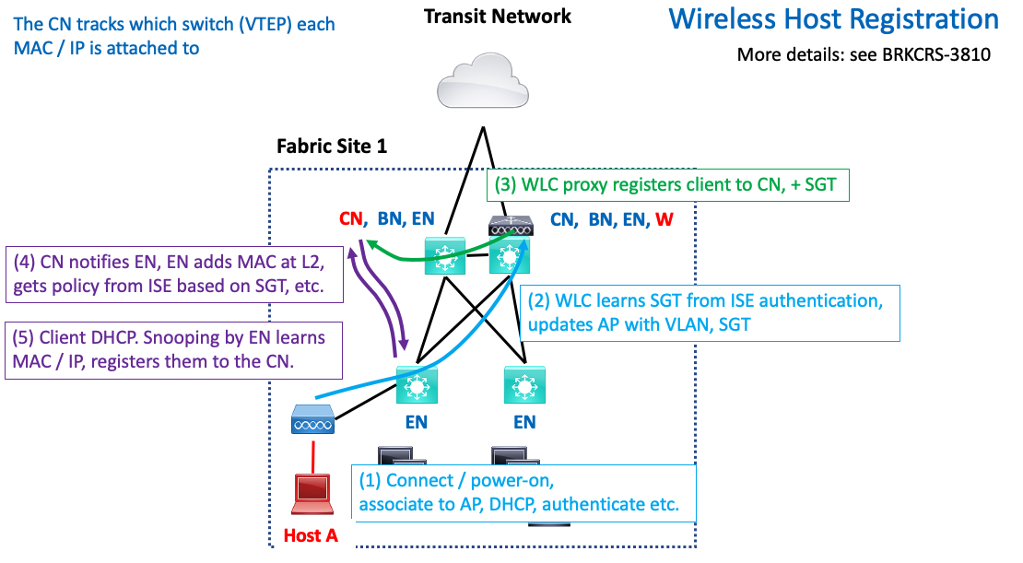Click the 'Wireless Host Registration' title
click(x=833, y=19)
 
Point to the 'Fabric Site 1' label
click(x=332, y=147)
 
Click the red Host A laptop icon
click(x=312, y=495)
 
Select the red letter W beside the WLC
click(x=663, y=219)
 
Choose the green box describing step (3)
click(x=664, y=184)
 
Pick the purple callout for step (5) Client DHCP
click(x=172, y=350)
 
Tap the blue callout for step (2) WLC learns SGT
click(x=711, y=312)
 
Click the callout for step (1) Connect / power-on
click(x=522, y=492)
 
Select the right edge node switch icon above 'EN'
click(x=524, y=385)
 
